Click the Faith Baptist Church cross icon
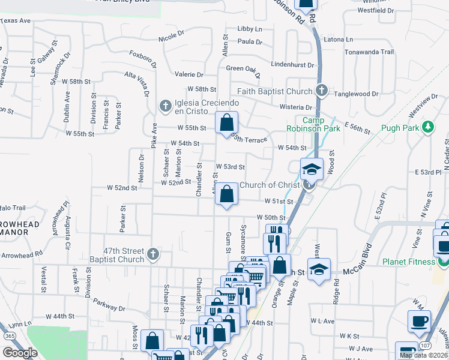[321, 91]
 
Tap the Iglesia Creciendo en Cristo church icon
[165, 106]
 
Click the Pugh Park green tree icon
[427, 127]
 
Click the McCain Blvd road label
[360, 272]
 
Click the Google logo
[20, 353]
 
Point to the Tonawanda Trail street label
[370, 52]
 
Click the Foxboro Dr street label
[143, 59]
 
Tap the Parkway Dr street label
[109, 307]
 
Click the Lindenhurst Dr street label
[292, 64]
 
